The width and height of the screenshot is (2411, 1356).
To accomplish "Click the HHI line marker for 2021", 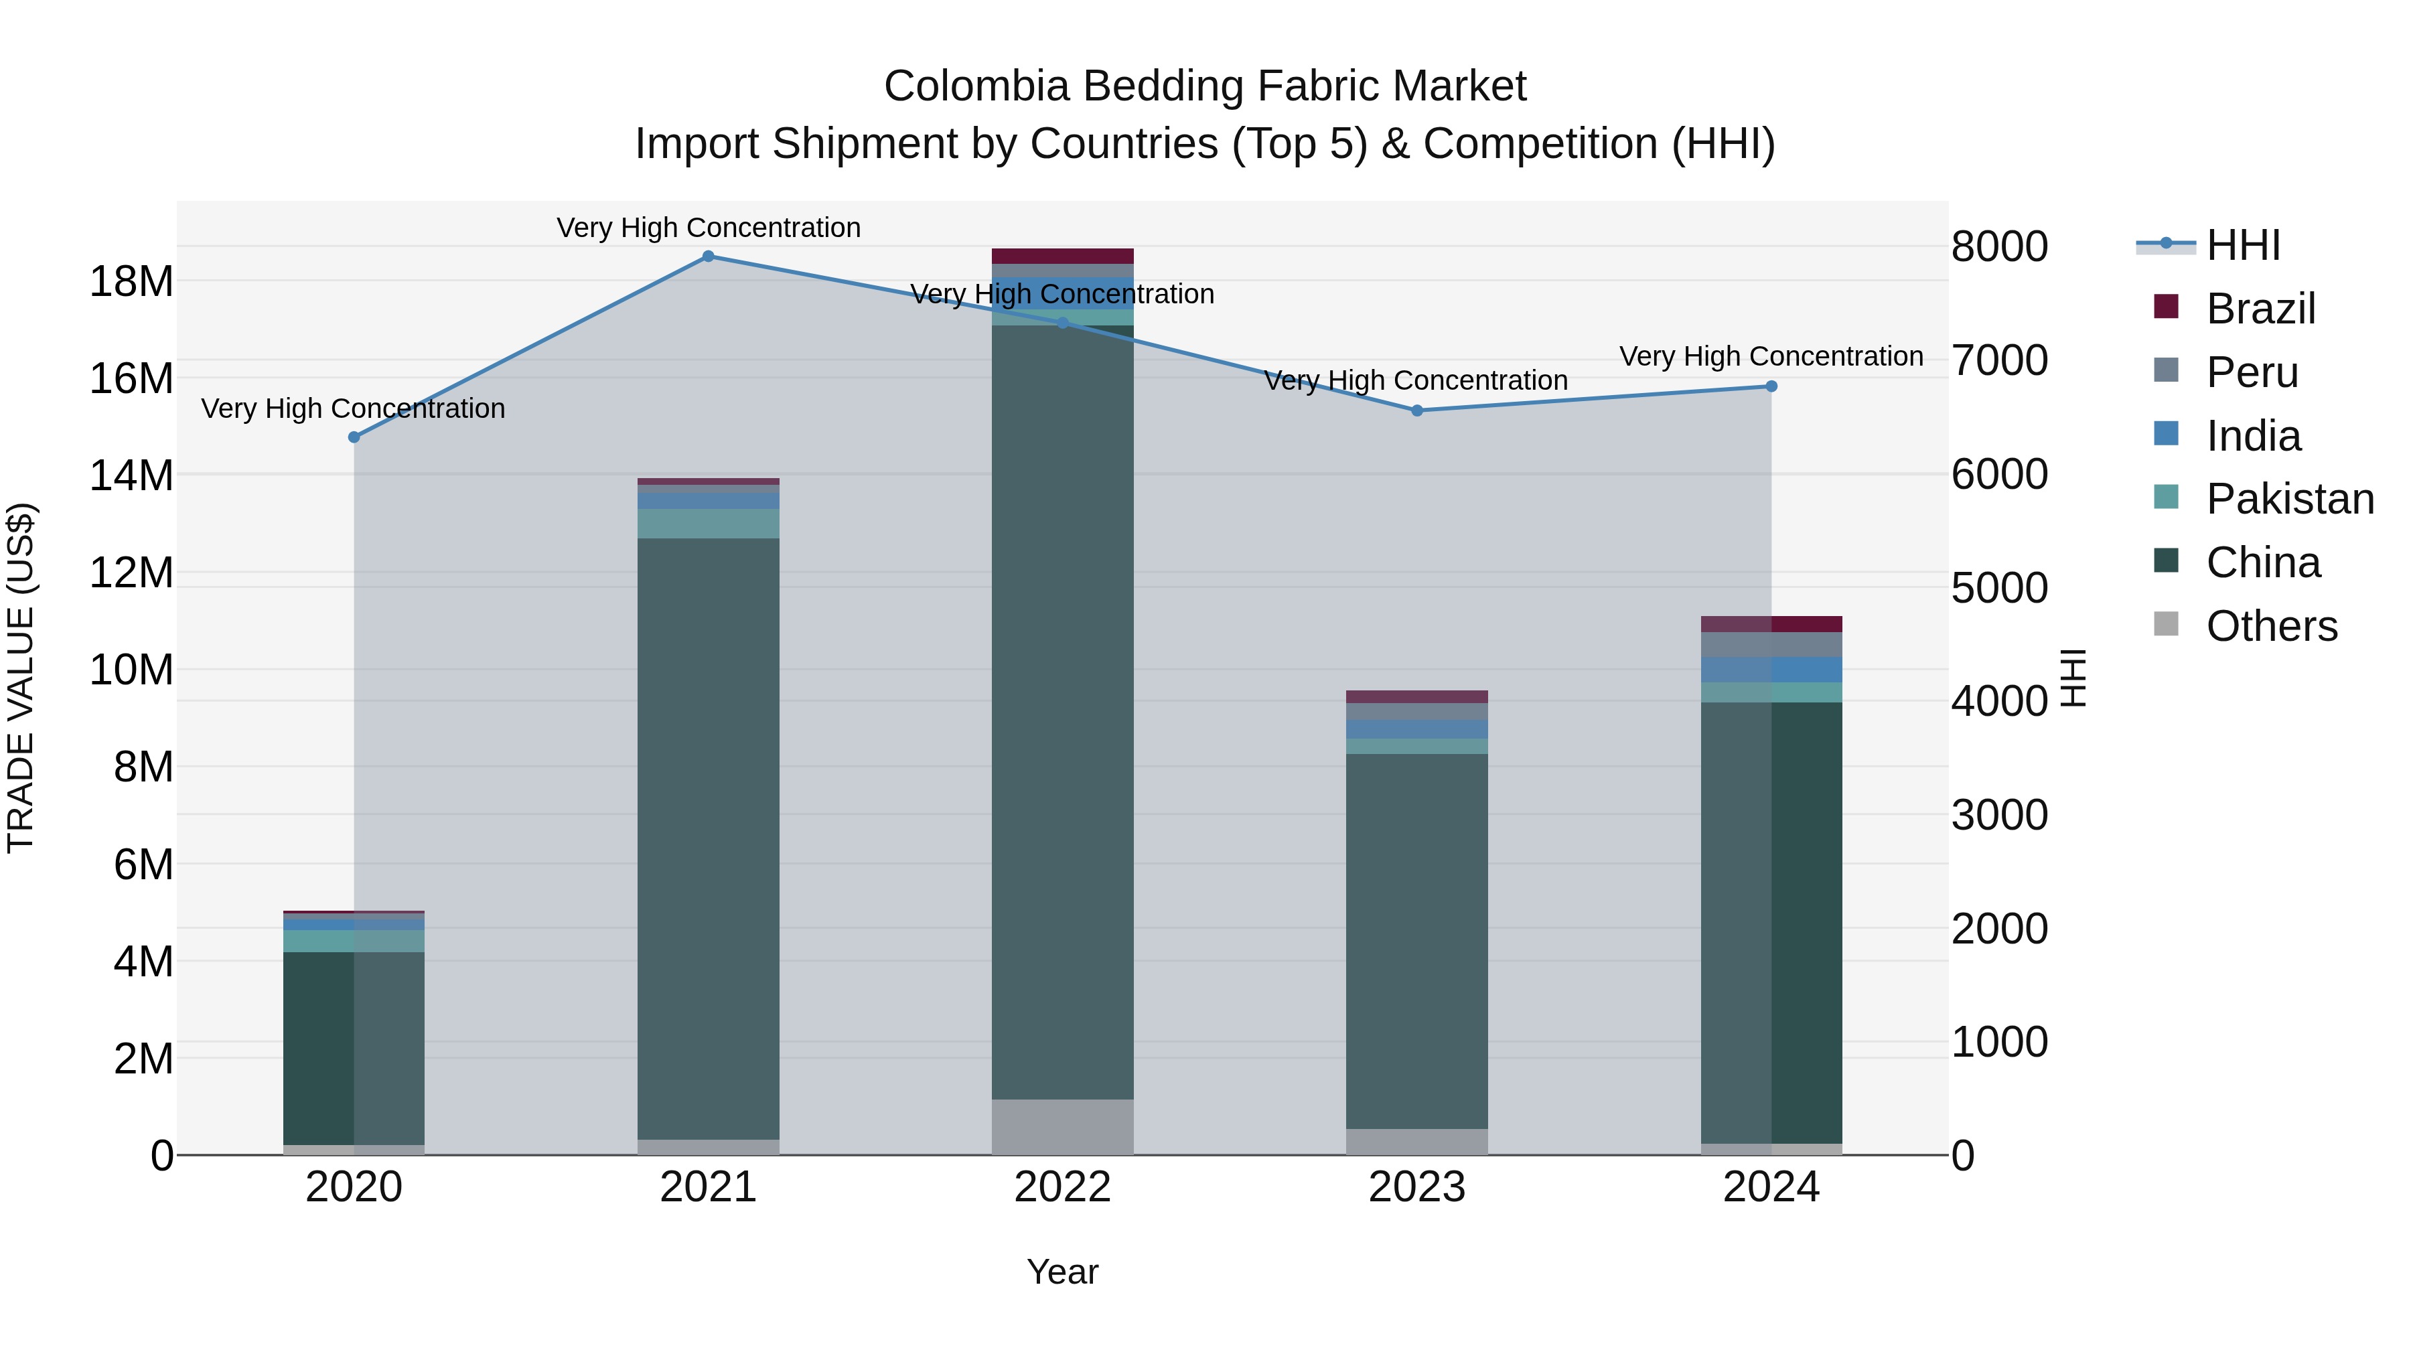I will [x=708, y=256].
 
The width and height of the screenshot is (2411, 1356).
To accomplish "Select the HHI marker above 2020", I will [x=354, y=437].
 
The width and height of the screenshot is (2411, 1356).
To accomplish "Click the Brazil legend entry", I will [x=2260, y=309].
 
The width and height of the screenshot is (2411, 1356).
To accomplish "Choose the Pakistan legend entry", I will [x=2288, y=499].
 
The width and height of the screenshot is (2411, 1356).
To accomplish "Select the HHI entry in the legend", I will [x=2242, y=245].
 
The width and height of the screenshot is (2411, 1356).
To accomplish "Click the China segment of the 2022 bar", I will [x=1062, y=711].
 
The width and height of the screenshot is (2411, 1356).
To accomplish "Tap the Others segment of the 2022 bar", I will [x=1062, y=1127].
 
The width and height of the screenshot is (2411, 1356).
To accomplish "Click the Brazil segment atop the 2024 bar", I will [x=1771, y=624].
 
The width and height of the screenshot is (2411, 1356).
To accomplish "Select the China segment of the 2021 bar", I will [x=708, y=838].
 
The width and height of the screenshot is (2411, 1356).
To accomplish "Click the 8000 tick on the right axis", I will [x=1999, y=247].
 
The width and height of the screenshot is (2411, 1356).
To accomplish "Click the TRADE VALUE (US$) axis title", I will [x=21, y=678].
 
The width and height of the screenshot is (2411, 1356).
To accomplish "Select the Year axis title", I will [x=1062, y=1272].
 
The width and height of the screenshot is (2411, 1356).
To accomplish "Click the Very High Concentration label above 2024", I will [x=1771, y=356].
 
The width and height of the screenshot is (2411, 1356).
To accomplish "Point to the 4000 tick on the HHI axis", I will [x=1999, y=701].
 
